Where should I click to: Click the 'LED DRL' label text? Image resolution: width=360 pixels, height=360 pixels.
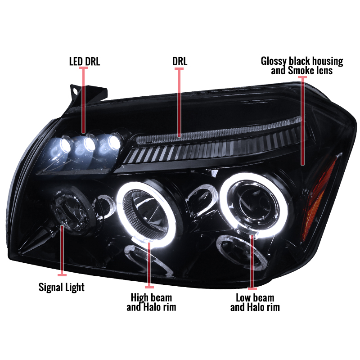point(85,62)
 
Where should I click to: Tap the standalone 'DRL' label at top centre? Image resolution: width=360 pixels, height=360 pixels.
point(180,61)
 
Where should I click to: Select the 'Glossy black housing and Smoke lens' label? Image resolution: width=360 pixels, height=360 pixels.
point(302,66)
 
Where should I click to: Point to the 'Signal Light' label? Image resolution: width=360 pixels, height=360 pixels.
point(62,288)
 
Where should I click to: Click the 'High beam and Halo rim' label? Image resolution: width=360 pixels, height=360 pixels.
point(151,302)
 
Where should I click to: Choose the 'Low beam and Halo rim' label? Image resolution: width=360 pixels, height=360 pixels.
point(255,302)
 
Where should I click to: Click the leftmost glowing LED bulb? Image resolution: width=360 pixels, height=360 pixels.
point(65,144)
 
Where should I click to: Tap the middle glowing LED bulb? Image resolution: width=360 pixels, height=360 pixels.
point(90,143)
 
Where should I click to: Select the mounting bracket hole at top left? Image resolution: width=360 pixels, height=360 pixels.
point(75,90)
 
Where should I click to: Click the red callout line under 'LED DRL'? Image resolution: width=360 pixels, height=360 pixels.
point(83,100)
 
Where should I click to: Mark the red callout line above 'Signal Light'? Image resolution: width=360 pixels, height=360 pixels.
point(62,251)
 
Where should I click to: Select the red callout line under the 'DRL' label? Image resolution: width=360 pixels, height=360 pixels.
point(179,103)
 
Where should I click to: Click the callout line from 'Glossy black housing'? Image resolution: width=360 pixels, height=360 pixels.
point(302,121)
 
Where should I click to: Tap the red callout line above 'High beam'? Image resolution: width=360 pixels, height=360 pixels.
point(149,265)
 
